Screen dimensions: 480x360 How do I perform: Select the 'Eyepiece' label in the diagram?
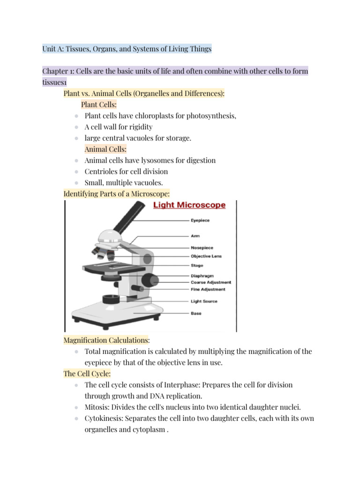pyautogui.click(x=200, y=220)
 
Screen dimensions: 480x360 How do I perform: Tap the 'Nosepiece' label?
pyautogui.click(x=202, y=247)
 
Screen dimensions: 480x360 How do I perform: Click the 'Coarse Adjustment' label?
pyautogui.click(x=210, y=283)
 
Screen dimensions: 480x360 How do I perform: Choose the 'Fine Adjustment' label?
pyautogui.click(x=208, y=289)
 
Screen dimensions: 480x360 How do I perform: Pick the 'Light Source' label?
pyautogui.click(x=204, y=301)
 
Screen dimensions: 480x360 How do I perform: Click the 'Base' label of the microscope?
pyautogui.click(x=196, y=313)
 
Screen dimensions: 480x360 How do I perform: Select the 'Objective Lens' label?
pyautogui.click(x=206, y=256)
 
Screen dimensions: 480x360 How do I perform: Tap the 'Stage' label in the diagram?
pyautogui.click(x=196, y=265)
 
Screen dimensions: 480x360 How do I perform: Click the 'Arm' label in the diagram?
pyautogui.click(x=195, y=236)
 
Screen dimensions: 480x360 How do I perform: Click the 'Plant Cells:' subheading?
pyautogui.click(x=99, y=105)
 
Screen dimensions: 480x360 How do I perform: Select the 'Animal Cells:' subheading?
pyautogui.click(x=102, y=149)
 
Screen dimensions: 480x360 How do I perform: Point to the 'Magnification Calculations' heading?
pyautogui.click(x=105, y=340)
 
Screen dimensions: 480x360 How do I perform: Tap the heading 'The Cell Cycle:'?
pyautogui.click(x=87, y=374)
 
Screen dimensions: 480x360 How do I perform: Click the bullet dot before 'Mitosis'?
pyautogui.click(x=76, y=407)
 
